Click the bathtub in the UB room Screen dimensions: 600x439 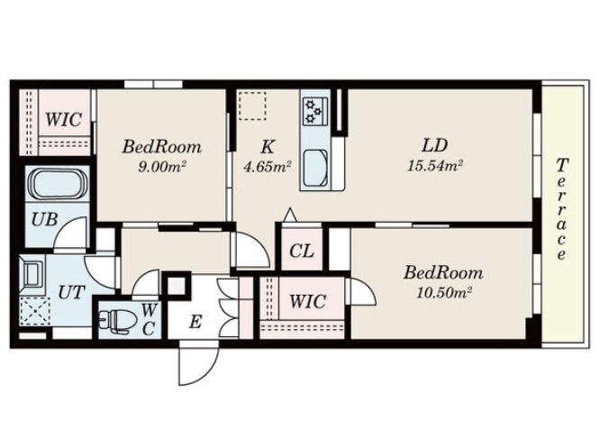click(58, 183)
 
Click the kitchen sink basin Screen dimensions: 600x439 click(315, 169)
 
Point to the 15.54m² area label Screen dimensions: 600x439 click(435, 165)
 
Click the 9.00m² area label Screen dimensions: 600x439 click(161, 166)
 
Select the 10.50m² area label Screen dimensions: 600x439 click(443, 292)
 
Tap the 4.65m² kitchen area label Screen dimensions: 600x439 click(268, 166)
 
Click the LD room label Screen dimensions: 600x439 click(435, 145)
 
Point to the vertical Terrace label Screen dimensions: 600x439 click(561, 209)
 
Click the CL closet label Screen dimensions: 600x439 click(302, 252)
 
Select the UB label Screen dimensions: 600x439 click(45, 220)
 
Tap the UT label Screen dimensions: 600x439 click(71, 292)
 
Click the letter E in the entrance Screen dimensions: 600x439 click(195, 322)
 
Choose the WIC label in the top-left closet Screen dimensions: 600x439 click(63, 119)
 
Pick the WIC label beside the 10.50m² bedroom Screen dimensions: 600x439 click(307, 301)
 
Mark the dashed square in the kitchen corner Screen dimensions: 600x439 click(252, 106)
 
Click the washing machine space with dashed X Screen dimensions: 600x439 click(35, 311)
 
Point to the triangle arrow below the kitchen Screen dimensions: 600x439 click(290, 215)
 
